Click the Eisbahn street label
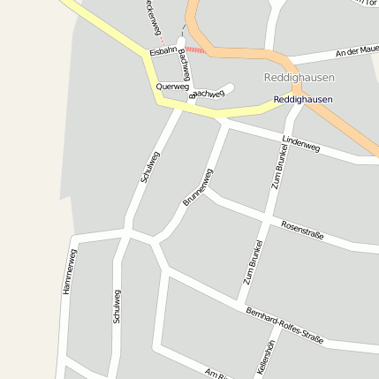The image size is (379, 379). tap(163, 53)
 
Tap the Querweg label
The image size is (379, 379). tap(171, 87)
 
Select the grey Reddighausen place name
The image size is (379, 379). tap(298, 79)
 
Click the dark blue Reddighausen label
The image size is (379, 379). tap(303, 100)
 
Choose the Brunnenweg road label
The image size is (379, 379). tap(198, 187)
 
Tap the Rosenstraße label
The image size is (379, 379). tap(302, 231)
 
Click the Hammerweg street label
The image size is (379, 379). tap(69, 271)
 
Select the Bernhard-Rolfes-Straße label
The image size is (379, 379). tap(284, 324)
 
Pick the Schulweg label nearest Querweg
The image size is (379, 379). tap(150, 167)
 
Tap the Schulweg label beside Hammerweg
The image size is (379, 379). tap(117, 306)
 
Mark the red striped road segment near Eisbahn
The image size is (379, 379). tap(194, 50)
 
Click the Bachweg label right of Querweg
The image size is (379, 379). tap(208, 94)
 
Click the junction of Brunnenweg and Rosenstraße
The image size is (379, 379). tap(208, 190)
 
